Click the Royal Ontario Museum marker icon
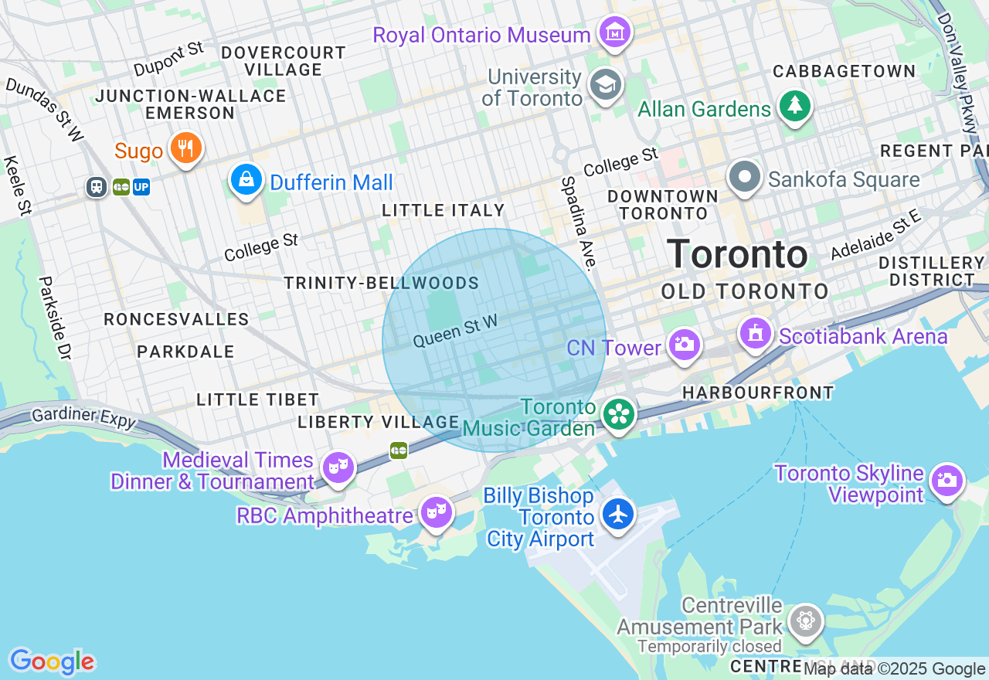[x=616, y=32]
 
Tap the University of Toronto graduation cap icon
[x=606, y=86]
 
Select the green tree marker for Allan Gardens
[x=794, y=106]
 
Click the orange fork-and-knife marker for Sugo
[x=185, y=148]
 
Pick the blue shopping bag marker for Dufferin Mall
[x=246, y=180]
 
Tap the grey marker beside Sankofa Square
[x=745, y=178]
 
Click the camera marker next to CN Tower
[x=684, y=345]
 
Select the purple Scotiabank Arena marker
[x=756, y=334]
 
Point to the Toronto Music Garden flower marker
[x=618, y=414]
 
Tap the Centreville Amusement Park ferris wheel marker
[x=805, y=620]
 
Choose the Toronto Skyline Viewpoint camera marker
[x=947, y=481]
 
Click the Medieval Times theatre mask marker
[x=338, y=467]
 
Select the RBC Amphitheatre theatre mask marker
[x=437, y=512]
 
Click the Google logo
[x=52, y=661]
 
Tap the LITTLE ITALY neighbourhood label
[x=444, y=210]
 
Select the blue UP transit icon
[x=141, y=187]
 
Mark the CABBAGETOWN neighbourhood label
[x=845, y=71]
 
